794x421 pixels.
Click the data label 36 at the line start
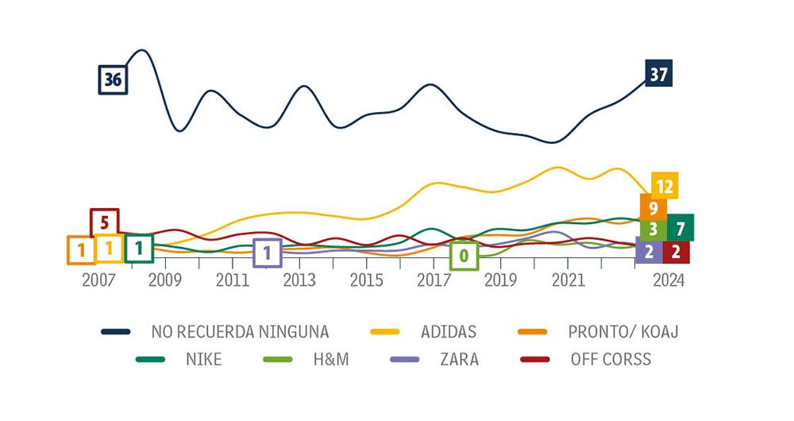pos(113,79)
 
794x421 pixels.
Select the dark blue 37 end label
pos(658,75)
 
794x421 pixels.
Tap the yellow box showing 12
pos(665,187)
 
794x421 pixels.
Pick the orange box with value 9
pos(653,209)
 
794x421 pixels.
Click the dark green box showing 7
pos(680,229)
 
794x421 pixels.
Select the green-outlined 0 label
pos(464,257)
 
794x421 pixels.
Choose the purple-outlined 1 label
pos(267,253)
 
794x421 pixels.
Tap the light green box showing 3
pos(653,230)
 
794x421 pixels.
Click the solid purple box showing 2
pos(649,252)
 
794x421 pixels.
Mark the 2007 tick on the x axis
pos(98,280)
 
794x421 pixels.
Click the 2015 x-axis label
pos(367,280)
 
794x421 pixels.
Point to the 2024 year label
pos(667,280)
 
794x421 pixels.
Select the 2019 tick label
pos(500,280)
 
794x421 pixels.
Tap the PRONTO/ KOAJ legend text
pos(623,331)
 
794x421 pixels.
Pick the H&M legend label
pos(329,359)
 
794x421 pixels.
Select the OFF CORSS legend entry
pos(610,359)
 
